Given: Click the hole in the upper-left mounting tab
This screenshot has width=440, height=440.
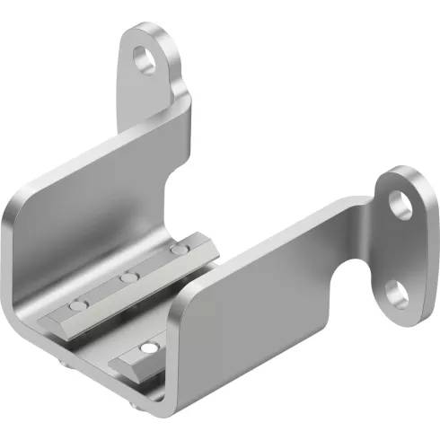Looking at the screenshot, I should [144, 61].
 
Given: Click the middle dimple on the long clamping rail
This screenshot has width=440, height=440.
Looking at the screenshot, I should [131, 278].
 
